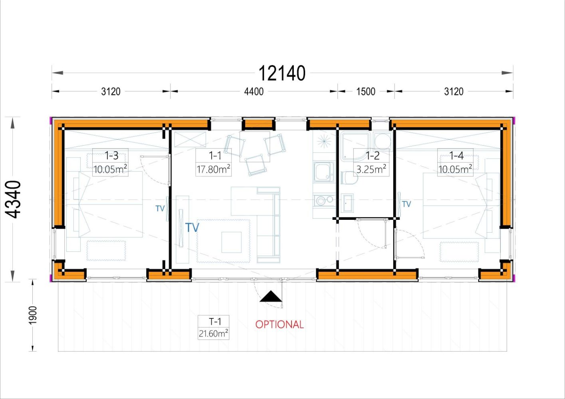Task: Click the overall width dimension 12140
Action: click(282, 73)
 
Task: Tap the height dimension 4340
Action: click(13, 199)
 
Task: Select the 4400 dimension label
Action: click(254, 91)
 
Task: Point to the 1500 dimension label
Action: click(366, 91)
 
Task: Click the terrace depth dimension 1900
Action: click(33, 315)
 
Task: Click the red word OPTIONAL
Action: click(280, 324)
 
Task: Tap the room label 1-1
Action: click(215, 156)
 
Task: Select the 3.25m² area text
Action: click(371, 169)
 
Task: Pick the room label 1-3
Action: click(111, 156)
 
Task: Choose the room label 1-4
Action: click(456, 156)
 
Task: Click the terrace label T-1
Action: click(215, 322)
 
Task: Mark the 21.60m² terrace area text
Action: click(213, 334)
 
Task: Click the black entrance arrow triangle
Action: click(271, 296)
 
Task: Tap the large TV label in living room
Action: click(192, 227)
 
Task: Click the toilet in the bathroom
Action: click(349, 178)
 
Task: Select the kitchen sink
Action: click(324, 172)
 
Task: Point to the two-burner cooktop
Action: click(324, 201)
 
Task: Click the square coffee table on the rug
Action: click(231, 242)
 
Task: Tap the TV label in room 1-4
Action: click(406, 204)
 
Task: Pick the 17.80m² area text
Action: click(213, 169)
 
